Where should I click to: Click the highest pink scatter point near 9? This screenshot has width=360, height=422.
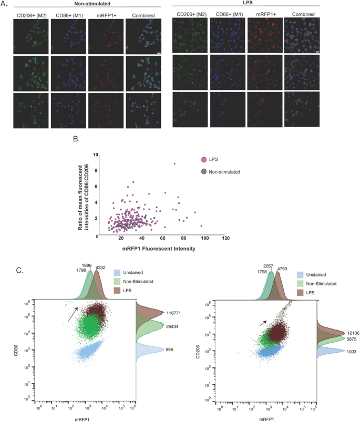[x=174, y=164]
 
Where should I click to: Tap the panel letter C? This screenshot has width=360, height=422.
[x=19, y=270]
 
